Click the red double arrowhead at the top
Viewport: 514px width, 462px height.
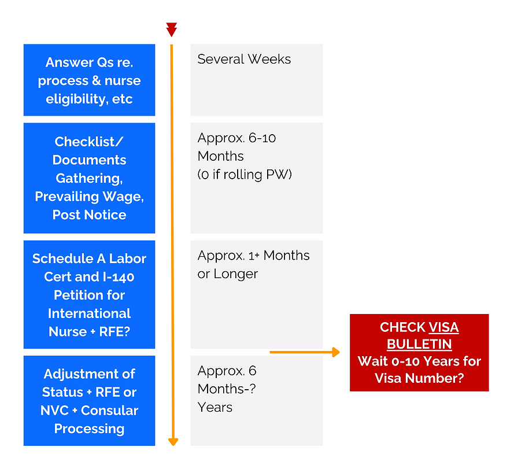click(x=171, y=29)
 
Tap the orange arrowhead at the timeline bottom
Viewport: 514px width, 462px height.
click(x=172, y=442)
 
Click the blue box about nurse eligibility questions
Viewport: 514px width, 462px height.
click(x=89, y=80)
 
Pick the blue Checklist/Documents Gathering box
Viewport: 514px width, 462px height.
click(x=89, y=178)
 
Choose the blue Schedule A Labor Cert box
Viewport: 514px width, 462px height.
click(x=89, y=294)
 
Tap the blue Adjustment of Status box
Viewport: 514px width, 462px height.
click(x=89, y=401)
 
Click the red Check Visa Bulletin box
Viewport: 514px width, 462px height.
click(x=419, y=353)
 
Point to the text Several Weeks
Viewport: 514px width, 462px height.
click(x=244, y=59)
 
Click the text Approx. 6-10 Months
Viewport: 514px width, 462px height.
click(x=237, y=147)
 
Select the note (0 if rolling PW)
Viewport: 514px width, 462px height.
click(x=244, y=174)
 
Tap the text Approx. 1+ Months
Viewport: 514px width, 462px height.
click(x=253, y=256)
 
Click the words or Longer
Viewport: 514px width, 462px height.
click(x=227, y=273)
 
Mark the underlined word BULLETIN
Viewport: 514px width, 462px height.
click(x=419, y=344)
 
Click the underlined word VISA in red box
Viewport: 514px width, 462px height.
click(x=443, y=327)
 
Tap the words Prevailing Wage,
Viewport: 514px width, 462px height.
click(x=89, y=197)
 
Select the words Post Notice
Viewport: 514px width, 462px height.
click(x=89, y=215)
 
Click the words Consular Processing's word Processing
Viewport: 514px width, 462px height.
click(x=89, y=428)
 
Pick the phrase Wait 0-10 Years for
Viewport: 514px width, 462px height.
click(x=419, y=361)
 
